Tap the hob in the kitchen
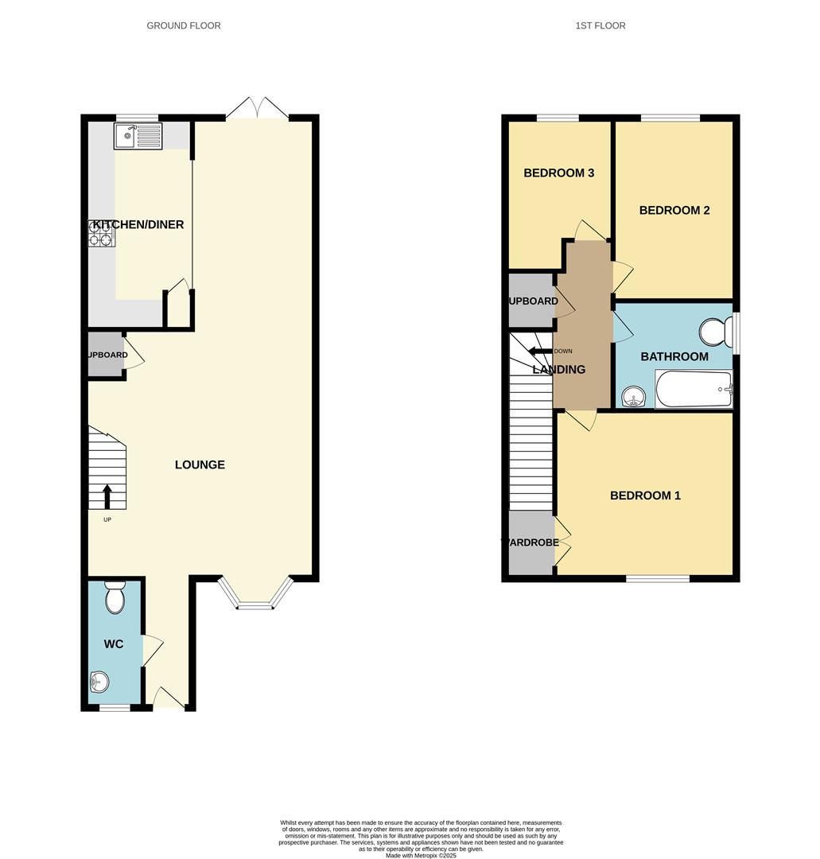click(x=101, y=233)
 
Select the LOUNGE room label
click(x=200, y=464)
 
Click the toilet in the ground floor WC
click(x=115, y=597)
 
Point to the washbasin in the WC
click(x=99, y=682)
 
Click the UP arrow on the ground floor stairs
click(x=107, y=496)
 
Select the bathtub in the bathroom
click(x=693, y=389)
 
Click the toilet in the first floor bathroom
click(x=715, y=332)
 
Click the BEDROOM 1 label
click(x=645, y=496)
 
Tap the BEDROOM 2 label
click(x=674, y=211)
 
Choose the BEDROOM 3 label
click(x=559, y=173)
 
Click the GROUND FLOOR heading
click(x=184, y=25)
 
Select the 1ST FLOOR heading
click(x=600, y=25)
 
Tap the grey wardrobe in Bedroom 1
click(x=531, y=542)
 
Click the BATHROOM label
click(x=674, y=356)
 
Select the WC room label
click(x=114, y=644)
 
